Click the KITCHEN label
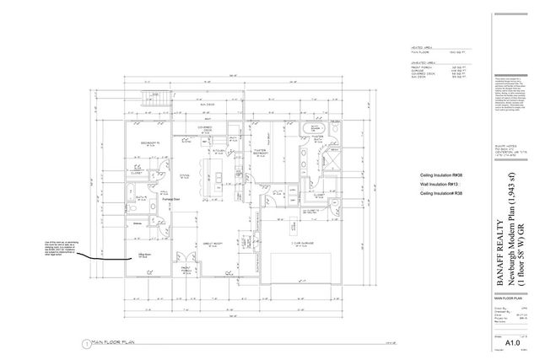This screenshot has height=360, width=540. click(x=218, y=151)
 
